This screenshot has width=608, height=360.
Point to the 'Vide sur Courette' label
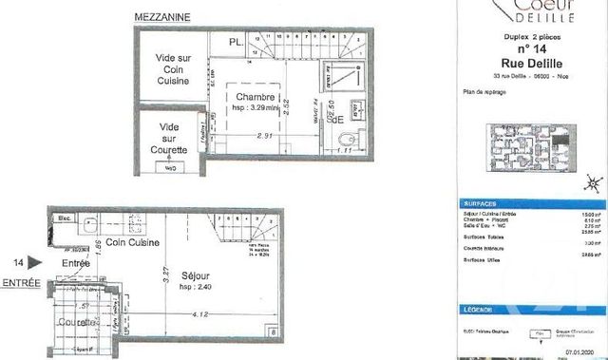[x=171, y=139]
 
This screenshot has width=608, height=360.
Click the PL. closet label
[x=235, y=43]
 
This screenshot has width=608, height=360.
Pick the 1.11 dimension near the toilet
[x=345, y=150]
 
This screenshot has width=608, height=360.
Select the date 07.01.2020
[x=580, y=351]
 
